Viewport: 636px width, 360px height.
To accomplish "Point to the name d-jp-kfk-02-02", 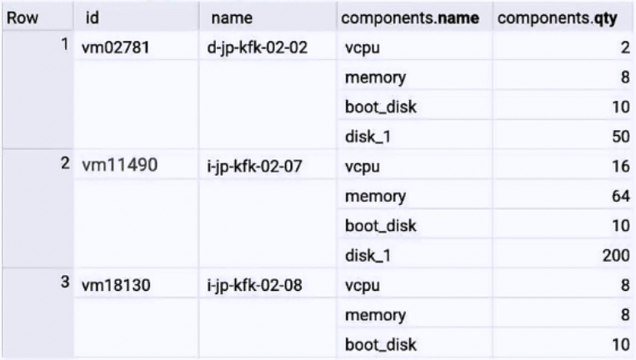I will point(252,48).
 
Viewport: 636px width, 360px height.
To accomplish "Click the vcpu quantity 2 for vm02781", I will point(623,48).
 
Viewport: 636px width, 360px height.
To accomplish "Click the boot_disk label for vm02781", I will point(379,107).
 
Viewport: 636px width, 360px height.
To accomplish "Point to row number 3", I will point(63,284).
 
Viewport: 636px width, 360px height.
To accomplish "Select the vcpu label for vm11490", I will point(361,167).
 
